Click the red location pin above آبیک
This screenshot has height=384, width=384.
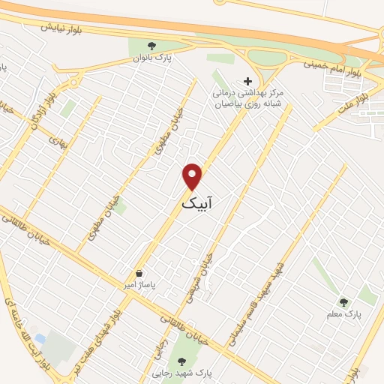[x=193, y=175]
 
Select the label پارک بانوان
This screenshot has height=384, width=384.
[x=142, y=57]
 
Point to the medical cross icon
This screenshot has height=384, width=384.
[x=248, y=81]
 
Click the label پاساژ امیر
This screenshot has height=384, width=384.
[x=139, y=286]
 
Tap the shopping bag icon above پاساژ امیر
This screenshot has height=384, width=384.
[x=139, y=274]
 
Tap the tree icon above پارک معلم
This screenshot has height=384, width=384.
[x=344, y=302]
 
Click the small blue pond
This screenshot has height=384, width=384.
[x=40, y=340]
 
